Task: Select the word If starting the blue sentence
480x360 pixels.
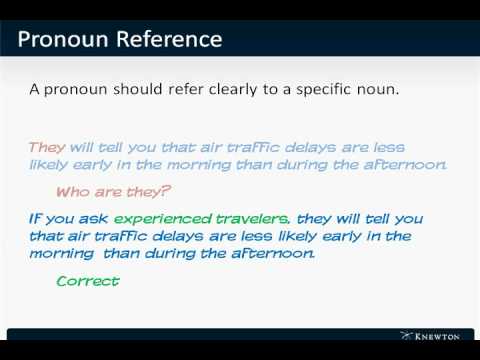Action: [x=35, y=218]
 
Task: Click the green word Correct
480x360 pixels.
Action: [x=88, y=281]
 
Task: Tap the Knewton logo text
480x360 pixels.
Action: [x=441, y=336]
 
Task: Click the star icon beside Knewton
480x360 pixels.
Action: [x=406, y=335]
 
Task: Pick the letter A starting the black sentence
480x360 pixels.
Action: [x=35, y=90]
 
